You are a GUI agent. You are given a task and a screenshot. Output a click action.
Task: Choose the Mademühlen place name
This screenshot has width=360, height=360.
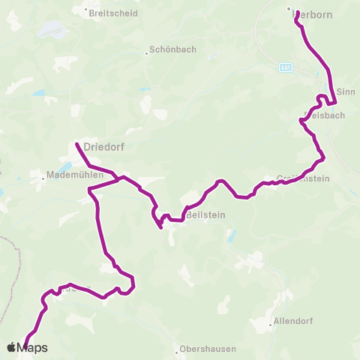[x=70, y=175]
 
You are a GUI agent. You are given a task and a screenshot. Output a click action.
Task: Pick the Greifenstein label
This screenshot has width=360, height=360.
[x=299, y=178]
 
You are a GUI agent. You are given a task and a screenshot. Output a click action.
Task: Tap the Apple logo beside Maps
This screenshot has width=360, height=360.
[x=11, y=347]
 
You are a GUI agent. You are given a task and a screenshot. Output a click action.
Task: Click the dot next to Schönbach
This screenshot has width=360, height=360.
[x=146, y=53]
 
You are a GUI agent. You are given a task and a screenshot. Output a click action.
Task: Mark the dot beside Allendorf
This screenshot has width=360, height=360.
[x=271, y=325]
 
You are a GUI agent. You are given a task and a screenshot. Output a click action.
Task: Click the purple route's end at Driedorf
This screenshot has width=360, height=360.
[x=76, y=142]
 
